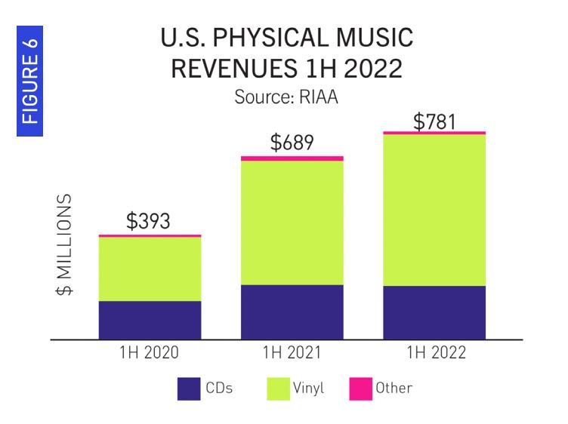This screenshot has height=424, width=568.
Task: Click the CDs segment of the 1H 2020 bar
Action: pos(150,320)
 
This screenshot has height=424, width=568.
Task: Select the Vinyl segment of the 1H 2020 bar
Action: pos(150,269)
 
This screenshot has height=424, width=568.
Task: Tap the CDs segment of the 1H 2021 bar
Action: pos(292,312)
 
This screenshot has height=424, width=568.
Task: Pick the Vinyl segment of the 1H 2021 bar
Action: pos(292,223)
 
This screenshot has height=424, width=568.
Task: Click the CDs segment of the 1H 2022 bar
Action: pos(434,312)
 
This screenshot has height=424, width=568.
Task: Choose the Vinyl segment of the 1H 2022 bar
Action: pos(434,210)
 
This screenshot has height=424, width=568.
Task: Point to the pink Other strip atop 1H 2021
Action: pos(292,158)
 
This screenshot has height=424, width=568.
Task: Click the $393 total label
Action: pos(148,221)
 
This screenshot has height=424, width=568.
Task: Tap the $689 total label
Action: pos(292,143)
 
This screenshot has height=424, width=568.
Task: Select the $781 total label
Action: pos(434,120)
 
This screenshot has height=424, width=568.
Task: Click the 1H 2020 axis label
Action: pos(150,353)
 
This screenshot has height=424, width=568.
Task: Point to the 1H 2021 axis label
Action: pos(292,353)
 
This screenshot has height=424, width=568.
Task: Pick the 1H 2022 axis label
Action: pos(434,353)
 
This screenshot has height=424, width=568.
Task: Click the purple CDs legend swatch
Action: pos(188,389)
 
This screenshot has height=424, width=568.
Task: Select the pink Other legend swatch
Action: pos(361,389)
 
